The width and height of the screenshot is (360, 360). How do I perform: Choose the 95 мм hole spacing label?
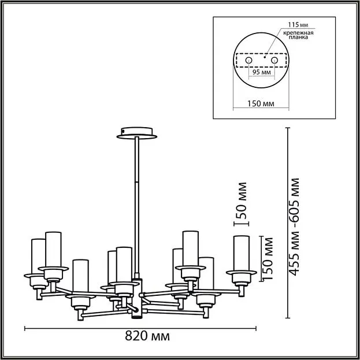click(261, 73)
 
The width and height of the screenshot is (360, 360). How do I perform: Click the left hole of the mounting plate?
click(248, 60)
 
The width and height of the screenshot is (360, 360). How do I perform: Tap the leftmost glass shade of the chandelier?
click(38, 257)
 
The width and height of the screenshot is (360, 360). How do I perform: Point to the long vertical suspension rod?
click(137, 202)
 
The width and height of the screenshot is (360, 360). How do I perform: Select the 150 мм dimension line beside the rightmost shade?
click(263, 257)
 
